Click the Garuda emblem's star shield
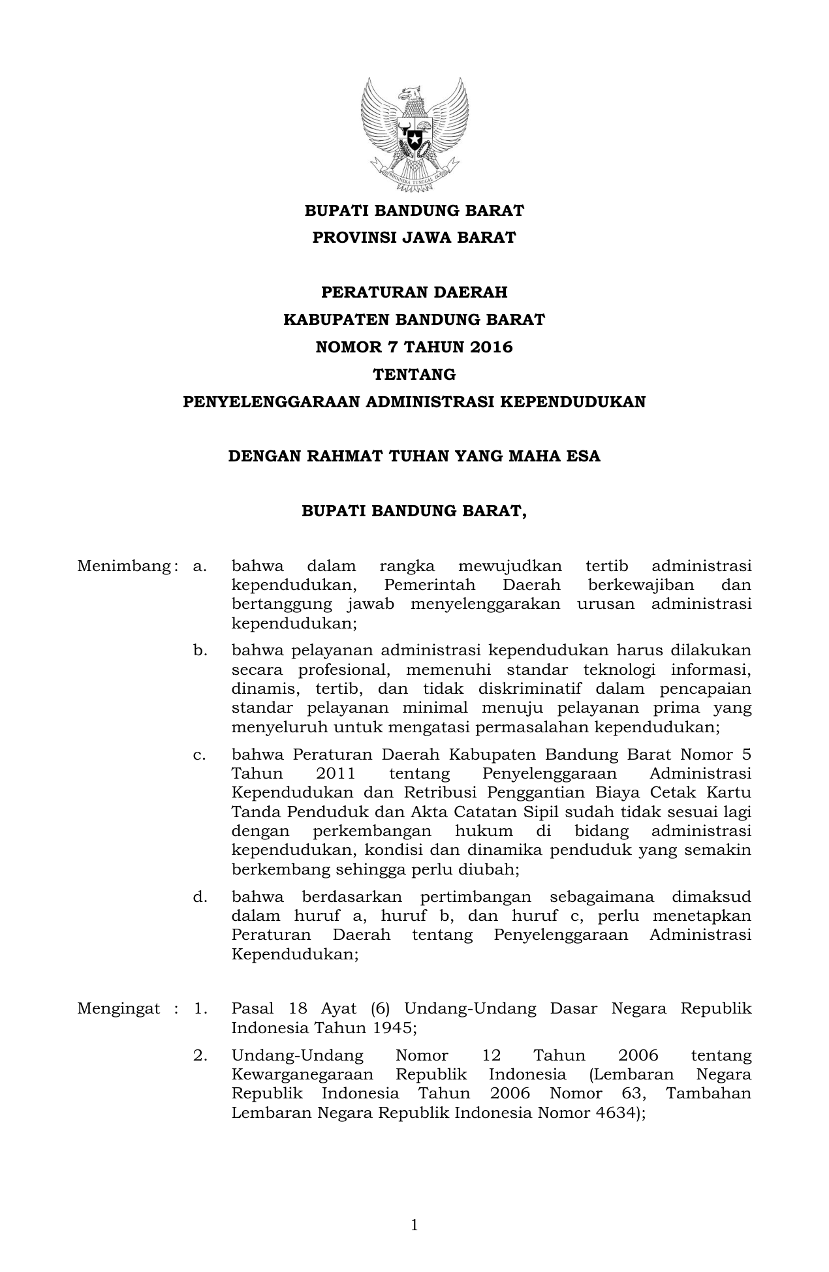pyautogui.click(x=414, y=139)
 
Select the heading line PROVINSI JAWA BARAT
pyautogui.click(x=414, y=238)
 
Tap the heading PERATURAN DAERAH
pyautogui.click(x=414, y=292)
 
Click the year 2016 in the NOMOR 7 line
pyautogui.click(x=490, y=347)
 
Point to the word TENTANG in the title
pyautogui.click(x=414, y=375)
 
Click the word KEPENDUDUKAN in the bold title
pyautogui.click(x=572, y=402)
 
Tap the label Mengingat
pyautogui.click(x=118, y=1008)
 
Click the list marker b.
pyautogui.click(x=199, y=651)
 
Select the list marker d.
pyautogui.click(x=199, y=897)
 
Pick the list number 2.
pyautogui.click(x=200, y=1055)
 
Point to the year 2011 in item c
pyautogui.click(x=336, y=774)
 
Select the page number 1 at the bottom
pyautogui.click(x=414, y=1226)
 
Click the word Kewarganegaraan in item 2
pyautogui.click(x=302, y=1074)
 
